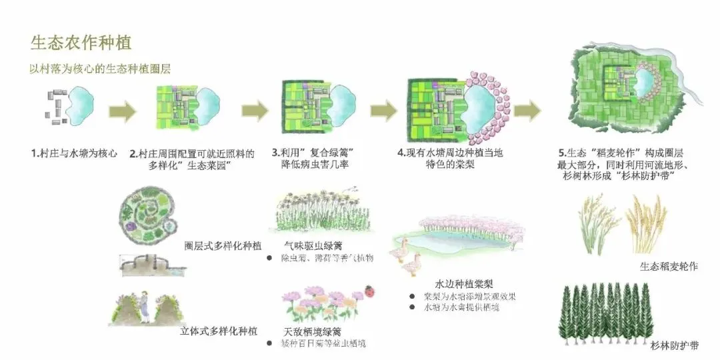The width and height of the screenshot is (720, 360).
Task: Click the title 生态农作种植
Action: click(x=81, y=43)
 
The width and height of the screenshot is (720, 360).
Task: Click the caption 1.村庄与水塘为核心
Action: click(x=74, y=153)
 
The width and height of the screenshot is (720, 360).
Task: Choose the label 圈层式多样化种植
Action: click(x=222, y=245)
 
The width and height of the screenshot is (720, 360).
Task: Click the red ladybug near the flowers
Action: click(x=368, y=291)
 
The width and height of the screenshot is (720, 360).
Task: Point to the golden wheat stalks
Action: click(x=646, y=223)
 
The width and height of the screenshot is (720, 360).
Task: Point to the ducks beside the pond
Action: click(x=407, y=257)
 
